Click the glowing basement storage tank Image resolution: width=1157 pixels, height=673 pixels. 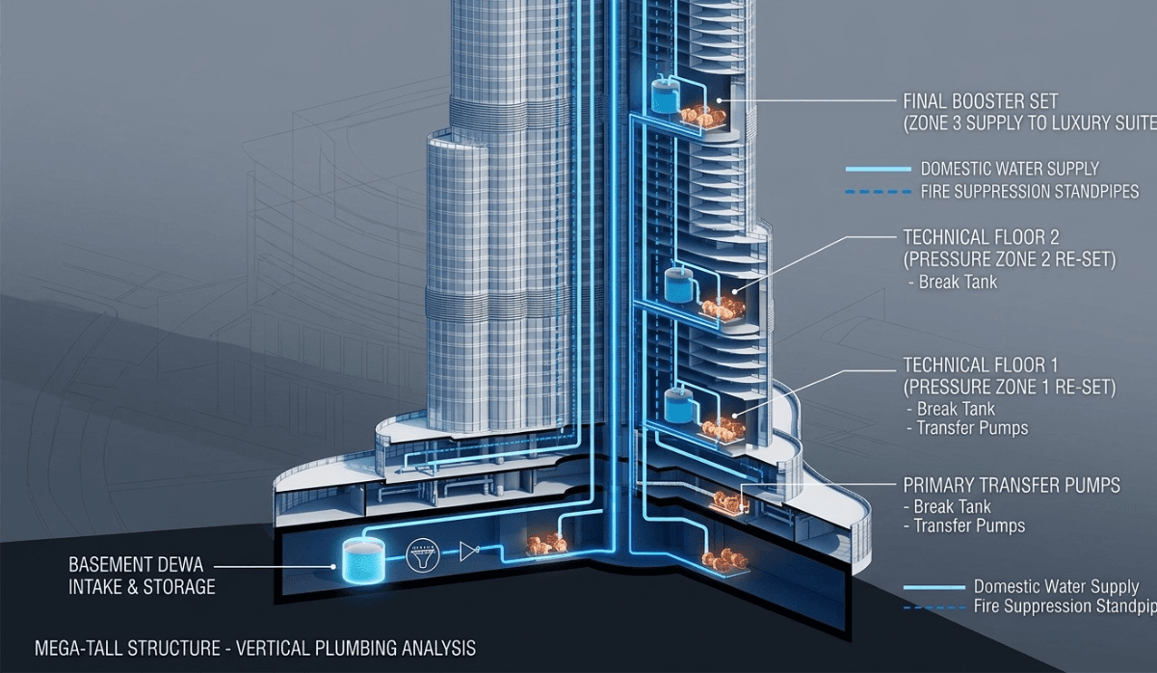pos(363,561)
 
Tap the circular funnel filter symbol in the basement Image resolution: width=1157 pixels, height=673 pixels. pos(423,555)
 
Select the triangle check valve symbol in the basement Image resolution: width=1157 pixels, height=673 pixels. pos(469,551)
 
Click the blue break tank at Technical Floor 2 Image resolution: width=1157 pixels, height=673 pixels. pos(677,284)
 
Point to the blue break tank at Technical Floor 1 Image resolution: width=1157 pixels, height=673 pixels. pos(677,406)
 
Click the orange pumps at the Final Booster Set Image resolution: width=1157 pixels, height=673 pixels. pos(702,117)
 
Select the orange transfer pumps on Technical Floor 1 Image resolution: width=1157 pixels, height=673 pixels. pos(723,428)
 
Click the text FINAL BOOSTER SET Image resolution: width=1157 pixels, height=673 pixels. pos(981,101)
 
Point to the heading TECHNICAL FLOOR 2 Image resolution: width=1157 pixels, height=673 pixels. pos(981,237)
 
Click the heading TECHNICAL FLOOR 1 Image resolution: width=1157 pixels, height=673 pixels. pos(981,365)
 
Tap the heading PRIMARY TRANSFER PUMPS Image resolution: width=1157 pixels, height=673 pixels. pos(1012,485)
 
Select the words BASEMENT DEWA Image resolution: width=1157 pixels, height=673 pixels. pos(136,564)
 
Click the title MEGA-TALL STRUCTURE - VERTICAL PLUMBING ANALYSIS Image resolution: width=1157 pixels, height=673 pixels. pos(255,648)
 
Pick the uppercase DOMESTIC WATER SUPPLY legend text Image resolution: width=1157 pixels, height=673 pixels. pos(1010,169)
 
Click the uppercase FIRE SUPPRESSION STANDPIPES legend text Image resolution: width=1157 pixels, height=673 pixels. pos(1030,192)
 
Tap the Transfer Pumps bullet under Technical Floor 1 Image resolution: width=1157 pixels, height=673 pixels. pos(967,428)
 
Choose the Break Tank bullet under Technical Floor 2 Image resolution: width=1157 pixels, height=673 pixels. pos(953,282)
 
